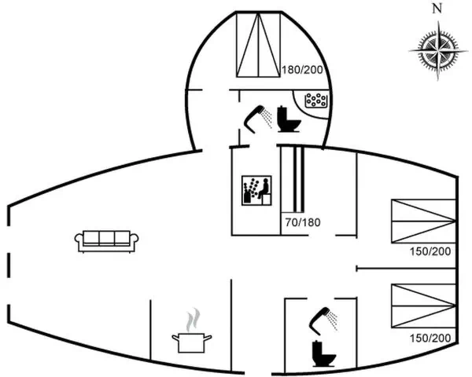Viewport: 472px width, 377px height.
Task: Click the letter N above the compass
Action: pyautogui.click(x=438, y=9)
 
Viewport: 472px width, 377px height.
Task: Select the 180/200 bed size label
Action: pyautogui.click(x=303, y=70)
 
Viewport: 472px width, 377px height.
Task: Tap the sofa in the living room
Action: pyautogui.click(x=107, y=241)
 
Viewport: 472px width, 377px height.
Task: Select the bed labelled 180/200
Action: pyautogui.click(x=259, y=46)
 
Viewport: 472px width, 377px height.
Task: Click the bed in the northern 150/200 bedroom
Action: pyautogui.click(x=422, y=221)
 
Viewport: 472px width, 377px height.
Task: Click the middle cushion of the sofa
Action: pyautogui.click(x=107, y=239)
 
